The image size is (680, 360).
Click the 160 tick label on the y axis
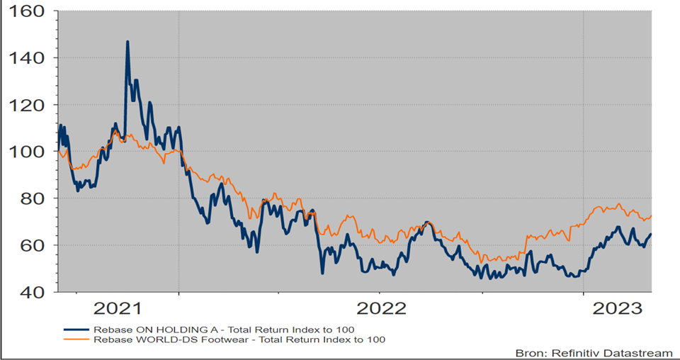click(x=27, y=12)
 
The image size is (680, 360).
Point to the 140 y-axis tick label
click(x=27, y=58)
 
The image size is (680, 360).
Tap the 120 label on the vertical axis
click(x=27, y=105)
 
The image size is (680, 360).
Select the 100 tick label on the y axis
click(x=27, y=152)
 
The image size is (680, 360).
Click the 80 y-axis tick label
click(x=33, y=198)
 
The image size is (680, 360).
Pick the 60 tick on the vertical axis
click(x=33, y=245)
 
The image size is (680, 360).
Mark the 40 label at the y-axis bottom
click(x=33, y=292)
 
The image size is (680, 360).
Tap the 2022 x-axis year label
click(x=380, y=308)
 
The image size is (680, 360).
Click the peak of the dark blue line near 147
click(x=127, y=42)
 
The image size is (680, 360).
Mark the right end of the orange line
click(x=651, y=215)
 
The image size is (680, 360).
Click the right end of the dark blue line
click(x=651, y=235)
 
